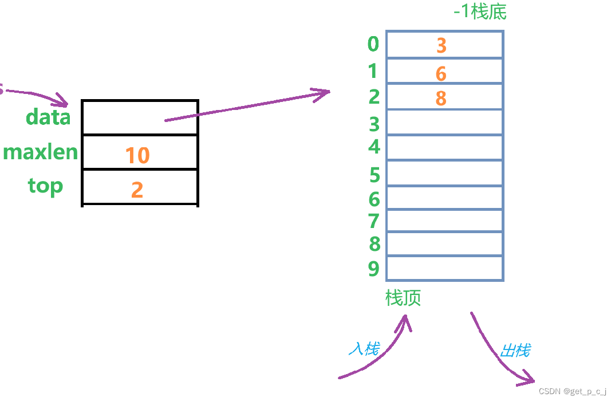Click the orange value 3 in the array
441,45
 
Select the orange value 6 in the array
440,73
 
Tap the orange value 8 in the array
440,98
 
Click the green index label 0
373,44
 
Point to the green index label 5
374,175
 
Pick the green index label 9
374,268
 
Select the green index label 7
374,221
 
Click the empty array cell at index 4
445,148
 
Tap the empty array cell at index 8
445,243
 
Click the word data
48,117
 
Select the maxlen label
40,152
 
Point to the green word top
45,186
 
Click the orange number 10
137,155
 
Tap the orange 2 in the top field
137,189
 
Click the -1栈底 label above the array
480,11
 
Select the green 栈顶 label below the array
403,298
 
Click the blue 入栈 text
364,348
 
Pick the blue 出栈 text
515,350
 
